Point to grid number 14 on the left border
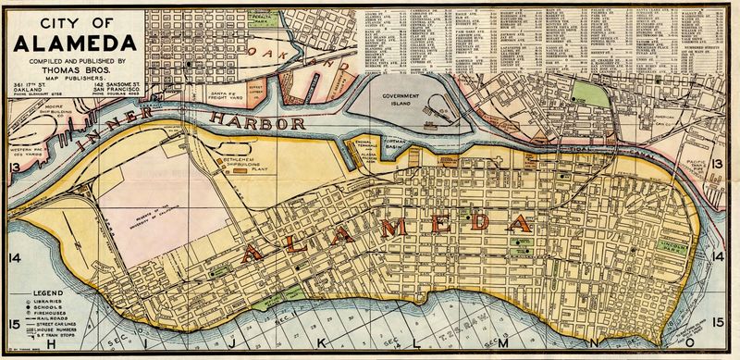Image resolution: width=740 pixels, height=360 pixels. (13, 256)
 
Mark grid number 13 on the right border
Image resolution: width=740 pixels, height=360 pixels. (719, 164)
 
